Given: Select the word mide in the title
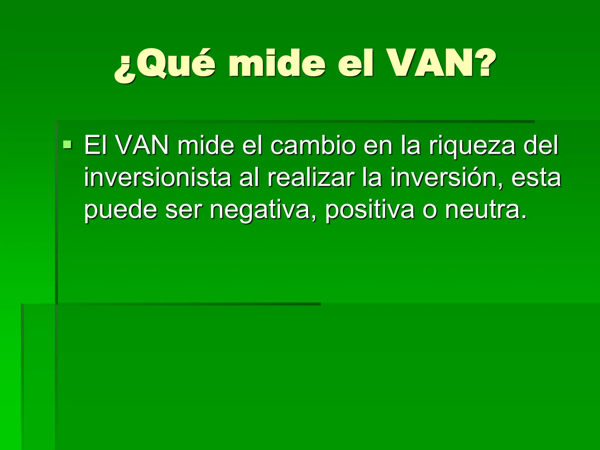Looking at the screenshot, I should [x=277, y=64].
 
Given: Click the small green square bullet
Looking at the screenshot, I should [x=67, y=144].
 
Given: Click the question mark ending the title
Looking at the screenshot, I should [x=480, y=64].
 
